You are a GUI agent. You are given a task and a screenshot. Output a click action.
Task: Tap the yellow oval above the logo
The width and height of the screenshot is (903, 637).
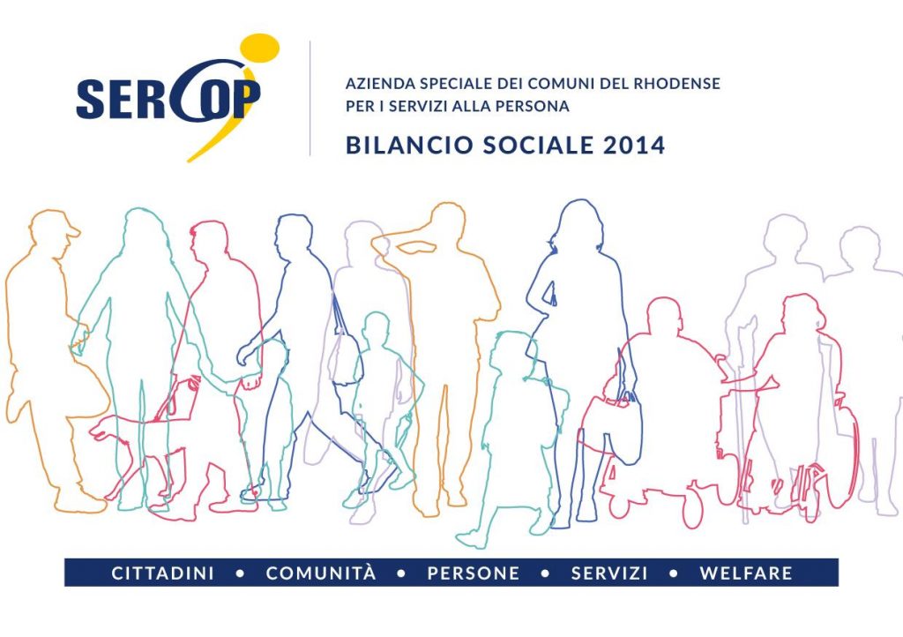coord(259,48)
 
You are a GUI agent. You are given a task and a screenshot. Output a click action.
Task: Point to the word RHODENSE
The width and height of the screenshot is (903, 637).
coord(676,84)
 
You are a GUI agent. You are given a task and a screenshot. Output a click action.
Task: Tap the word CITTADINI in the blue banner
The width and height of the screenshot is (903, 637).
coord(162,573)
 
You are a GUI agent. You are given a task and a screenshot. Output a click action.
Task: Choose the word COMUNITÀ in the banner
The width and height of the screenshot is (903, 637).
coord(321,573)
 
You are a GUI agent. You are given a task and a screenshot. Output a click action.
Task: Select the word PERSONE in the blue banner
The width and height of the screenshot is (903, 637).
coord(474,573)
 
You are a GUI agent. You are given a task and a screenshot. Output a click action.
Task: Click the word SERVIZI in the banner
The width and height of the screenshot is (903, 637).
coord(609,573)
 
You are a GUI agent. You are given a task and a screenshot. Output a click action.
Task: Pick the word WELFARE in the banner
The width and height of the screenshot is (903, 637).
coord(746,573)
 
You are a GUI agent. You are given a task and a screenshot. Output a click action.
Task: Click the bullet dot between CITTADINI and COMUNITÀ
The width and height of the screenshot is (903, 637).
coord(240,573)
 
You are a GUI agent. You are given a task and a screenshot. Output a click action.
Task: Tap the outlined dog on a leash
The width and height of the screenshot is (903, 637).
coord(138,449)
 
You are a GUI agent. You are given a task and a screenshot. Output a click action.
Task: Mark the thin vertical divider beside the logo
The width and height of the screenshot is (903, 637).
coord(310,98)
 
